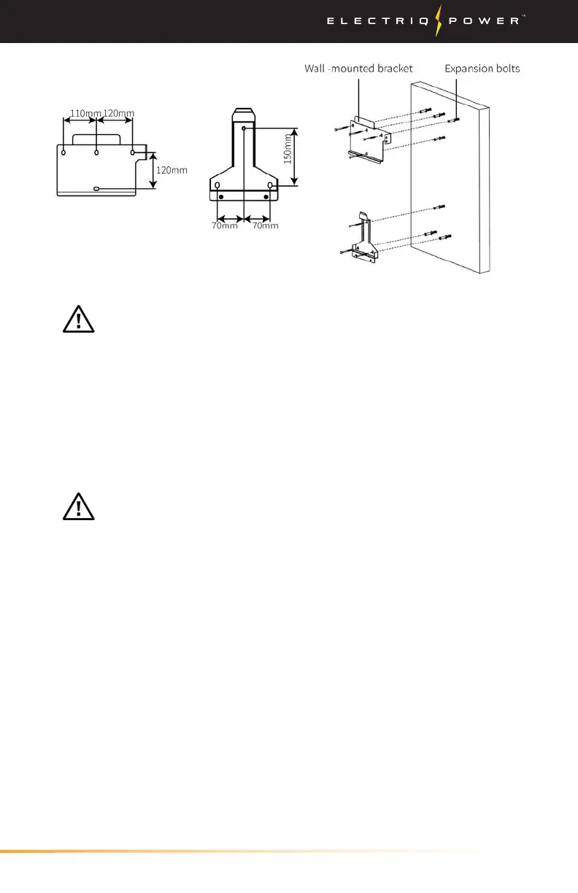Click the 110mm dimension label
pos(85,113)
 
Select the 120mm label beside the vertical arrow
pos(172,170)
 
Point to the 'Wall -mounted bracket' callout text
pos(359,69)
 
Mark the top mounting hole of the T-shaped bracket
pos(243,128)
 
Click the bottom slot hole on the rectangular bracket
pos(97,189)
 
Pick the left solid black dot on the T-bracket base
pos(221,197)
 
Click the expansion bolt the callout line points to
pos(456,118)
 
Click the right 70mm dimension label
pos(264,225)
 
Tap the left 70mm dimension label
pos(225,225)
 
